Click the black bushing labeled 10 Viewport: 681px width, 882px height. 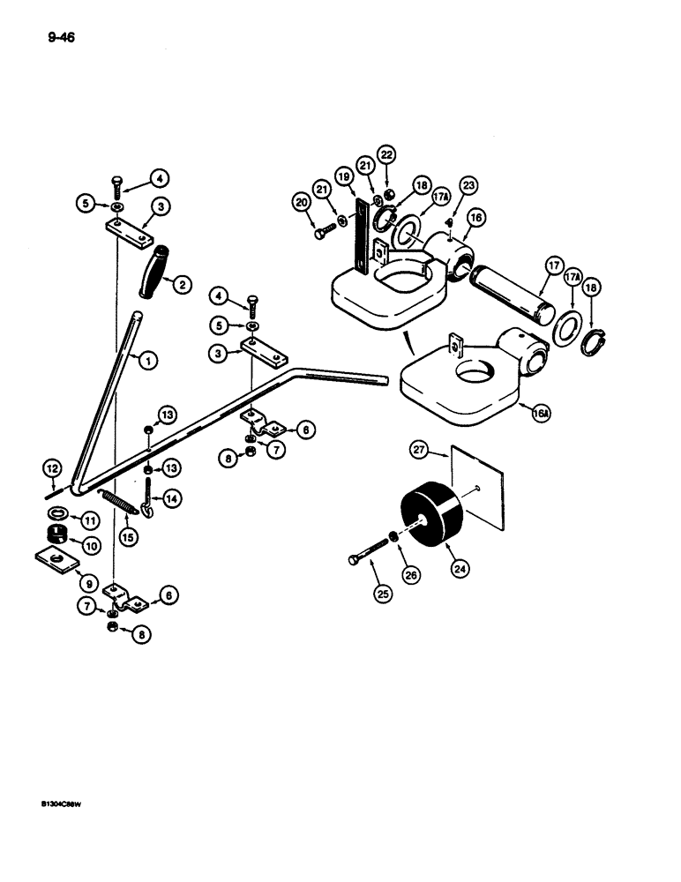pyautogui.click(x=58, y=534)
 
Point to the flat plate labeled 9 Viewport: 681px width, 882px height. pyautogui.click(x=55, y=559)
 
